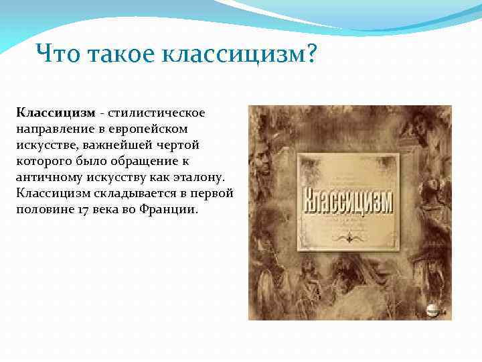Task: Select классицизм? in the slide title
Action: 238,53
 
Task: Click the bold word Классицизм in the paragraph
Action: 56,111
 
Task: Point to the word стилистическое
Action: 156,111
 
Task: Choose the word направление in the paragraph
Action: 55,127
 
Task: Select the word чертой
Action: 177,144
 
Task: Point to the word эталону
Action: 202,176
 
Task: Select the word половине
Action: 42,209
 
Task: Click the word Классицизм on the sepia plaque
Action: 347,202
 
